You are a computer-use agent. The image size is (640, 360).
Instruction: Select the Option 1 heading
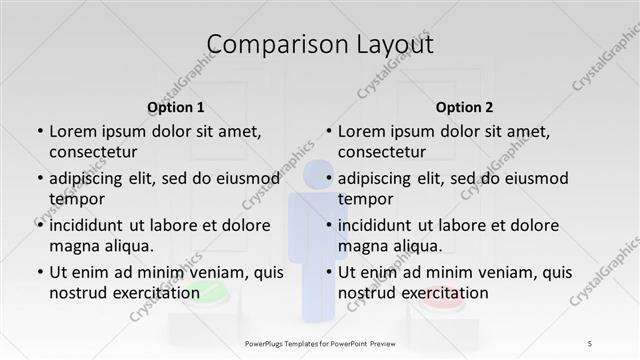coord(176,107)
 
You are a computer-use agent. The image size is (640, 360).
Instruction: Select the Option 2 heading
coord(464,107)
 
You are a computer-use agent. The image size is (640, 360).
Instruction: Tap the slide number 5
coord(590,343)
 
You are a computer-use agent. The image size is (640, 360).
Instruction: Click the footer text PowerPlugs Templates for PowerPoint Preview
coord(320,343)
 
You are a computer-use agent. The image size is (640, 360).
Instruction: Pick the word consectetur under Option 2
coord(382,152)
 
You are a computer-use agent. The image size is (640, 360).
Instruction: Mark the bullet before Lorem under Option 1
coord(39,132)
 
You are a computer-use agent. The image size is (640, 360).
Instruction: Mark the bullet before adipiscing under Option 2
coord(328,179)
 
